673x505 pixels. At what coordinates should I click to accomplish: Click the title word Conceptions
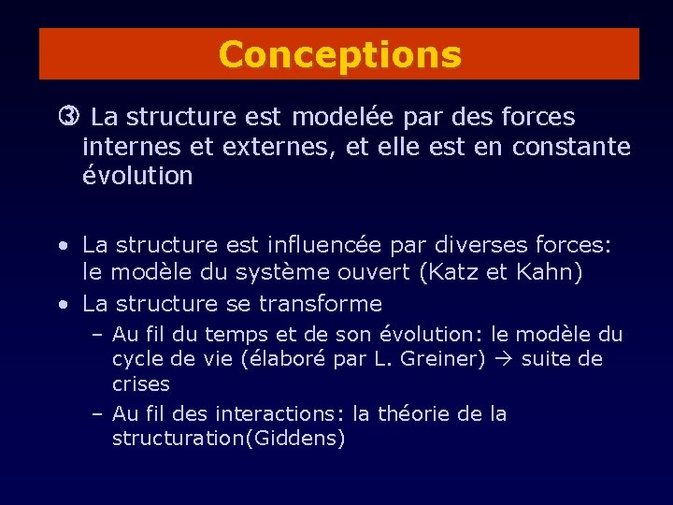click(x=339, y=54)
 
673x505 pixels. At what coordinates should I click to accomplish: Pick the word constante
click(x=571, y=147)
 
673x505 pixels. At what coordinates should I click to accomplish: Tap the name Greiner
click(x=443, y=359)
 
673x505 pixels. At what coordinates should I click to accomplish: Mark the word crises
click(x=140, y=384)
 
